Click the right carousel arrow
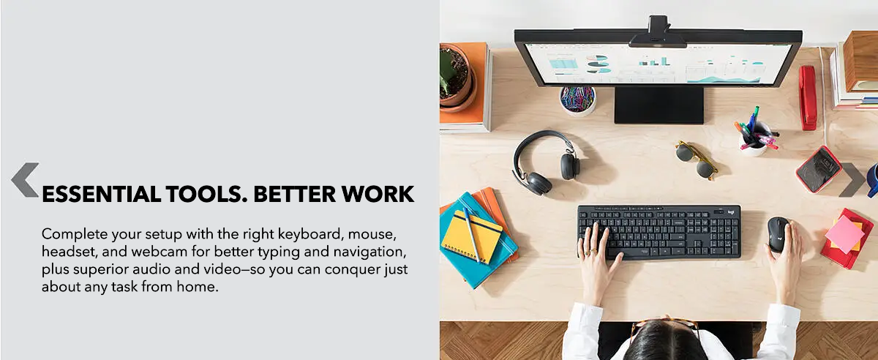point(853,179)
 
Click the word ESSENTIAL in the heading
point(101,194)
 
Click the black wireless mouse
point(778,234)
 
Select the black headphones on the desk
point(545,162)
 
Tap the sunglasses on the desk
point(697,160)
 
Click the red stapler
point(808,97)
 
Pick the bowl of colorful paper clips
point(577,100)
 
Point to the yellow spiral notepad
point(471,237)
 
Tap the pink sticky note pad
point(844,233)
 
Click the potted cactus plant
point(457,77)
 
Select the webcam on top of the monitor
point(658,32)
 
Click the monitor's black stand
point(659,105)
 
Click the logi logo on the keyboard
point(731,212)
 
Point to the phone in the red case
point(819,169)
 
